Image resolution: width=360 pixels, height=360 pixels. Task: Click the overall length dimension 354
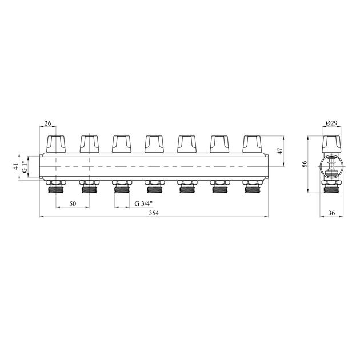click(154, 213)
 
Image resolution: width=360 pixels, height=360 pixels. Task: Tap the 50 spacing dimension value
click(73, 203)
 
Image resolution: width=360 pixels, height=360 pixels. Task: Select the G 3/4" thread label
click(143, 203)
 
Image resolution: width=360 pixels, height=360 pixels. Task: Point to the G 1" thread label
click(25, 167)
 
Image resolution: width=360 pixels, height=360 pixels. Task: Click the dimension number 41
click(16, 166)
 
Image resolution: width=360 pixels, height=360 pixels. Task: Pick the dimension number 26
click(47, 123)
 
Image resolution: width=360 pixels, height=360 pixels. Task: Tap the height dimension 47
click(280, 151)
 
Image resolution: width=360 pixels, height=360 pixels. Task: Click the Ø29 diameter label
click(331, 123)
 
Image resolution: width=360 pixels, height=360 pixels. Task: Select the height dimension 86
click(305, 164)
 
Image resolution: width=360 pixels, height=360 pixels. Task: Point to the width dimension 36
click(331, 213)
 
